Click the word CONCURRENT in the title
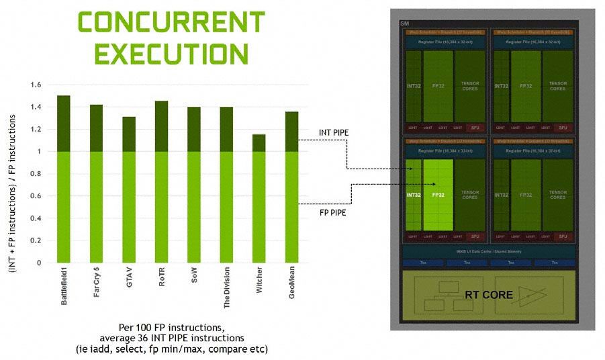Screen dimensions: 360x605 (x=162, y=21)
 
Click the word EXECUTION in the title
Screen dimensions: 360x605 (x=162, y=52)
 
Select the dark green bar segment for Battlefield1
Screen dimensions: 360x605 (x=64, y=124)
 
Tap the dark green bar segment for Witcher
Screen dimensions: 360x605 (x=259, y=143)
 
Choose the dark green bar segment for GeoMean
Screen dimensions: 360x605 (x=291, y=132)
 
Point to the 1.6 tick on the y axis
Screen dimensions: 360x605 (x=36, y=85)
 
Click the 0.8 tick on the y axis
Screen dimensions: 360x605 (x=36, y=174)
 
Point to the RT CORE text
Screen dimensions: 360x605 (x=488, y=295)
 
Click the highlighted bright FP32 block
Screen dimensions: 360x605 (x=438, y=195)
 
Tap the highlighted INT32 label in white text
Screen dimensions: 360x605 (x=413, y=195)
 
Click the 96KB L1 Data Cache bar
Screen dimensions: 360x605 (x=488, y=251)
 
